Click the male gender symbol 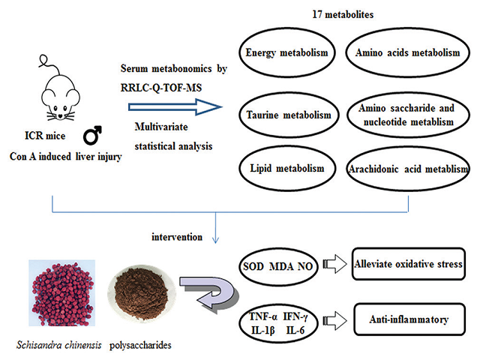(x=93, y=138)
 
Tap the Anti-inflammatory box (x=407, y=320)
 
